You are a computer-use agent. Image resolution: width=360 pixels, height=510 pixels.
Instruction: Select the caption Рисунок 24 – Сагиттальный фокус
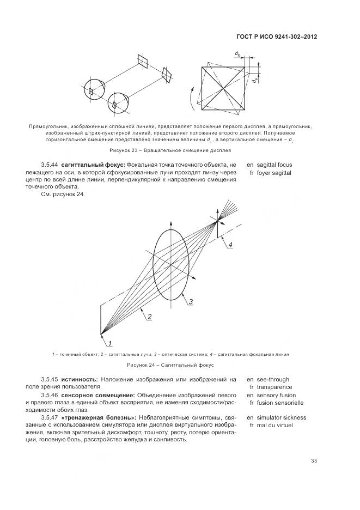pos(170,365)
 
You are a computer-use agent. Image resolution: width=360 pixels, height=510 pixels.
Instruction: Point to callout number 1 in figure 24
pos(109,343)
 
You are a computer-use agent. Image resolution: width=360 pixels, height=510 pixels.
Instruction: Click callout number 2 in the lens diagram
pos(149,316)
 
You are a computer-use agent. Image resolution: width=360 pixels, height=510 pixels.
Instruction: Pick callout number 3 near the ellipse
pos(191,301)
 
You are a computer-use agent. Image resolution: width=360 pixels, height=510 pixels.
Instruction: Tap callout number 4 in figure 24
pos(230,245)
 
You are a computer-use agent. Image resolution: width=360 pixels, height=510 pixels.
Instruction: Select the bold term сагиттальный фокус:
pos(93,165)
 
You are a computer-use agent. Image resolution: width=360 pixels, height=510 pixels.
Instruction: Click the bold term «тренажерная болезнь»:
pos(95,418)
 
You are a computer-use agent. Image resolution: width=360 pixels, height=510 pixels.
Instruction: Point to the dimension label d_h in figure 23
pos(238,53)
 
